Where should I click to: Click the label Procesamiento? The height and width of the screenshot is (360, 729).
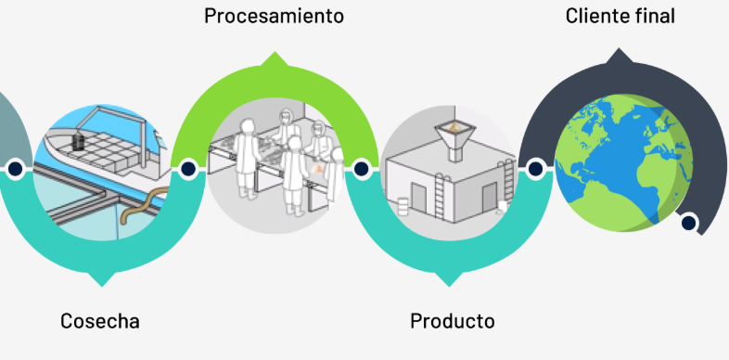click(274, 17)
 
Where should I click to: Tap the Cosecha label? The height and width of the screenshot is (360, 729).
click(100, 321)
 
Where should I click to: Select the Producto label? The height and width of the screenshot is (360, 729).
click(453, 321)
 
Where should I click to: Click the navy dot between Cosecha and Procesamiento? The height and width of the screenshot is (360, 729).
click(188, 169)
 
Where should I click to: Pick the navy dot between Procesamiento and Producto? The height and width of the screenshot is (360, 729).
click(361, 169)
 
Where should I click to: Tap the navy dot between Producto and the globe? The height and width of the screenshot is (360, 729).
click(535, 169)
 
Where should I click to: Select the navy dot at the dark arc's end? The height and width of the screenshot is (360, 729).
click(688, 224)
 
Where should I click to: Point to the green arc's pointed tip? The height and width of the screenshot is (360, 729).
click(275, 53)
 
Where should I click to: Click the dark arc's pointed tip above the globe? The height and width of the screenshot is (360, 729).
click(619, 49)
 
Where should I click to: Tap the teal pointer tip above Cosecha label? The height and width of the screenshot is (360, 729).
click(102, 285)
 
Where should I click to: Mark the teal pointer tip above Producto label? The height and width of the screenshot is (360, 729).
click(449, 285)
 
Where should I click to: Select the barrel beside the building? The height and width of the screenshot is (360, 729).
click(403, 206)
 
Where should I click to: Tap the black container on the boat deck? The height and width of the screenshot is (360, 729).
click(79, 141)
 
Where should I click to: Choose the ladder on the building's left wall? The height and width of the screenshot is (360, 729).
click(440, 197)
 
